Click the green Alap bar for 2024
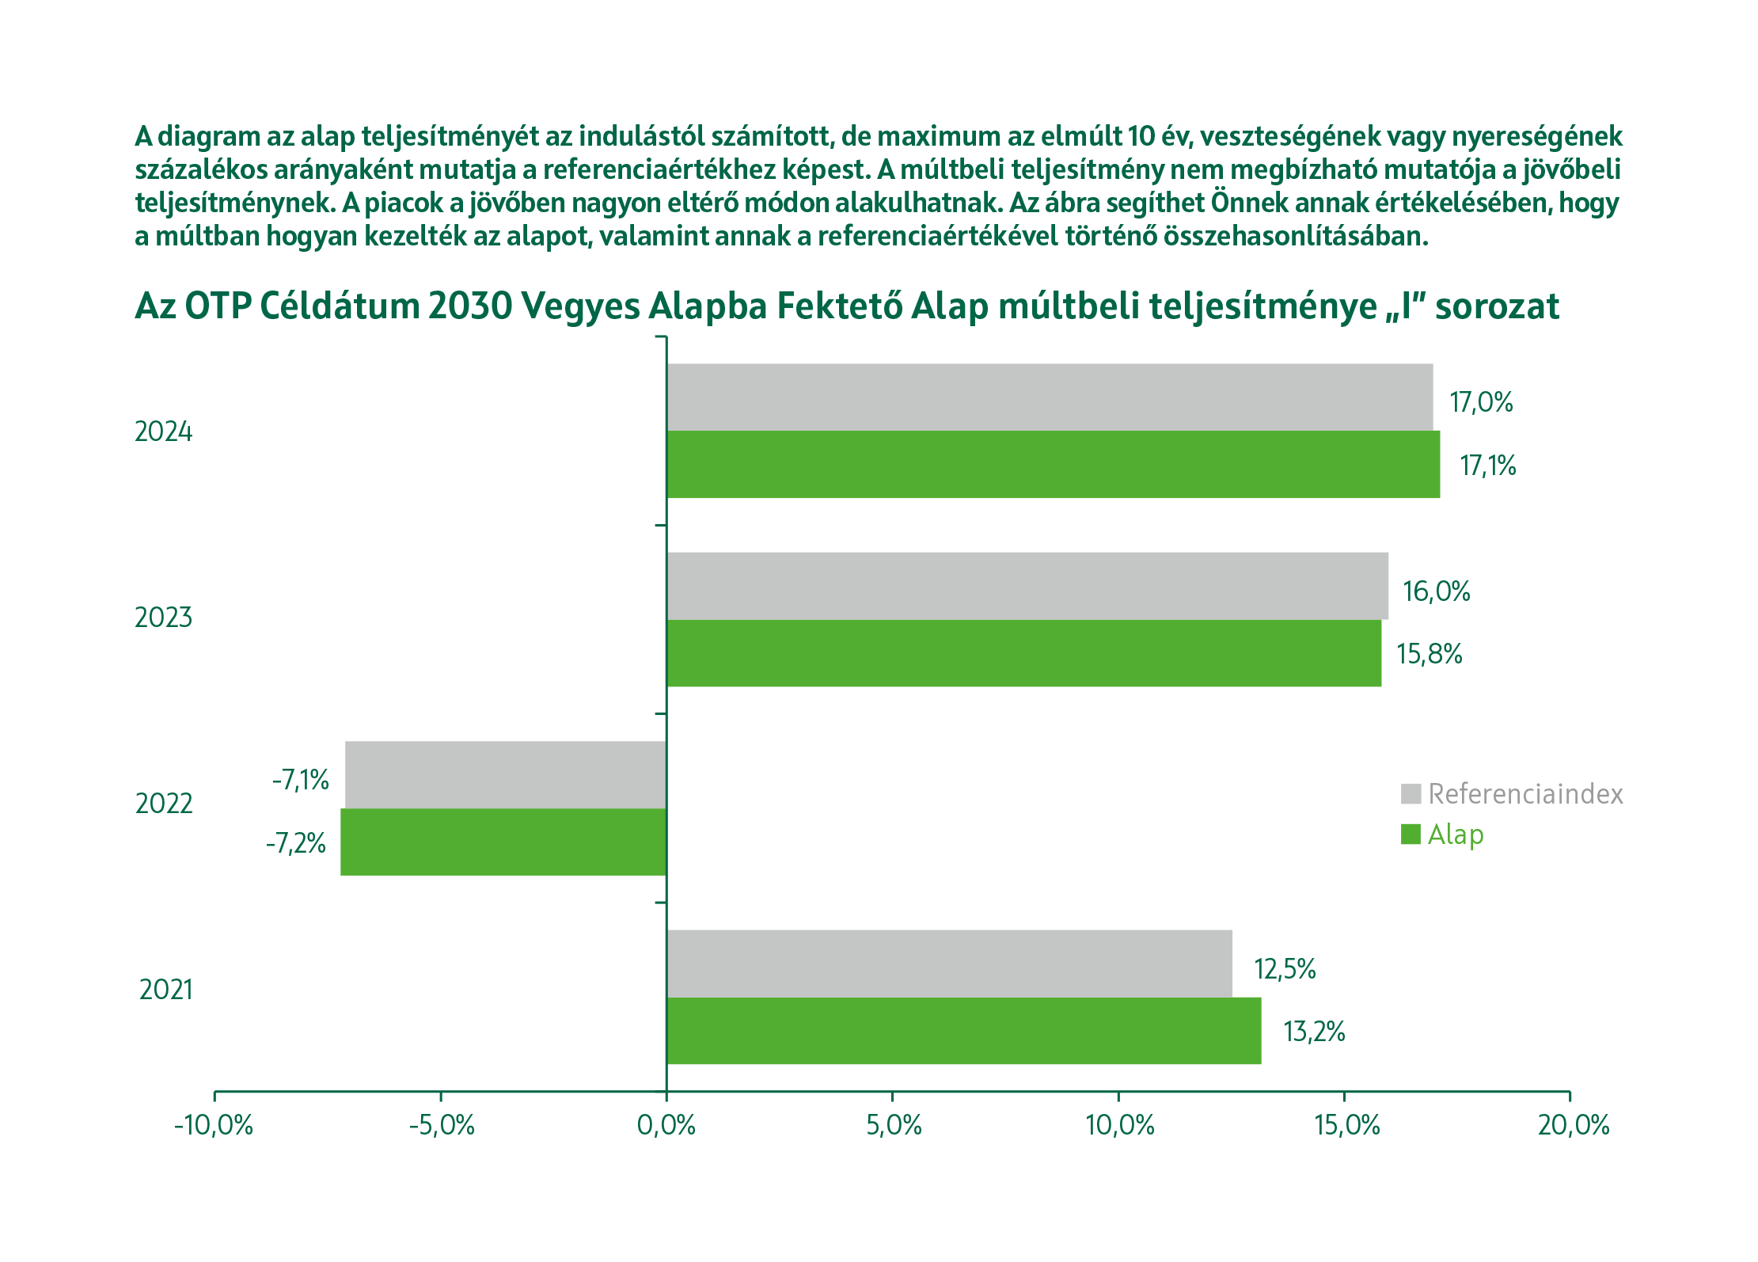(x=1053, y=464)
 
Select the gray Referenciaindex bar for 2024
(x=1050, y=397)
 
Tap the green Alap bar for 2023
(x=1023, y=652)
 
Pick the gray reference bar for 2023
(x=1027, y=586)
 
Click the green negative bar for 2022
(x=503, y=842)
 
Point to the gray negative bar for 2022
(x=506, y=774)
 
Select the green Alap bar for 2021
(x=963, y=1030)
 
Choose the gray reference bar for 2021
(x=949, y=964)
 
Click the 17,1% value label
(x=1488, y=466)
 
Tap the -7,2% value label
(x=296, y=843)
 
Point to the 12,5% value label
(x=1285, y=969)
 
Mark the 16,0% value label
(x=1436, y=591)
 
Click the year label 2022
(x=164, y=804)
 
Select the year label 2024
(x=164, y=431)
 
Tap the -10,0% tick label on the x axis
(x=214, y=1125)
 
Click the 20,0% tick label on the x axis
(x=1574, y=1125)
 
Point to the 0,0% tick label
(x=666, y=1125)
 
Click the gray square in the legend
(x=1411, y=793)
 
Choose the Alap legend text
(x=1456, y=834)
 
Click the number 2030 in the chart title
(x=470, y=306)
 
